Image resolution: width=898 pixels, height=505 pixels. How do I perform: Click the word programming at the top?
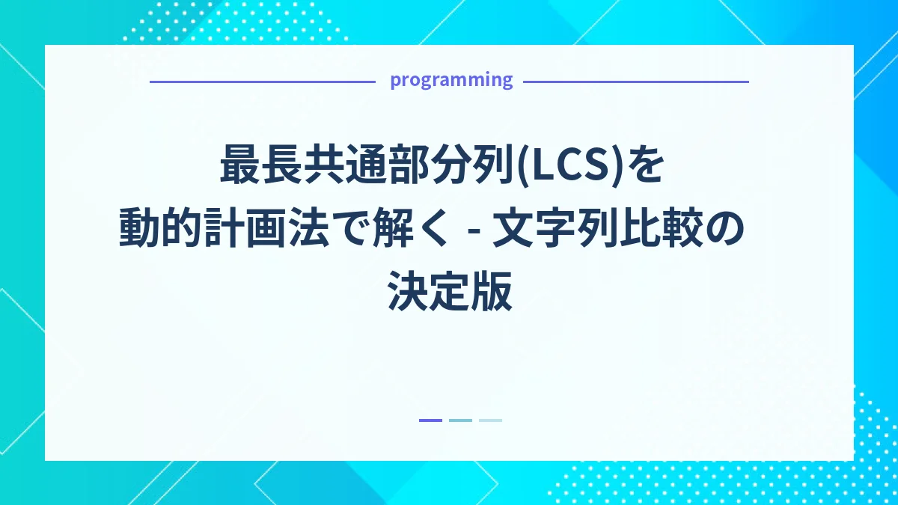451,80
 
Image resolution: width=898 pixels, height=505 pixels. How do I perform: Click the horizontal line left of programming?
262,82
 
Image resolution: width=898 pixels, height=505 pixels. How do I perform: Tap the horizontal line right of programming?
635,82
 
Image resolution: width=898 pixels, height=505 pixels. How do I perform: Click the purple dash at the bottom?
430,420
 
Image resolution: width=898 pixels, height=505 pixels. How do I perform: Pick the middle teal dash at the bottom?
460,420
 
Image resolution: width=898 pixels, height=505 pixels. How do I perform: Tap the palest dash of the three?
490,420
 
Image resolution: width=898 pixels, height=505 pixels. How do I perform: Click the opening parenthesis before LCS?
525,167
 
